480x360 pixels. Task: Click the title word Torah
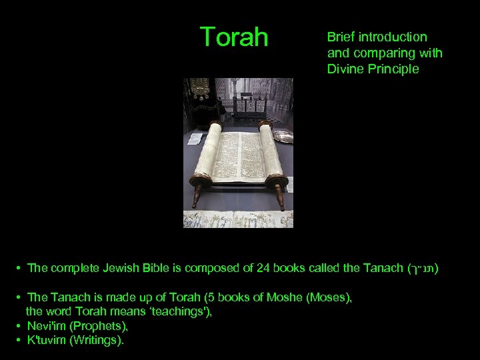(234, 37)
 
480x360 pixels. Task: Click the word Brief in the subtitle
(341, 37)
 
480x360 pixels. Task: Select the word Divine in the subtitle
(345, 69)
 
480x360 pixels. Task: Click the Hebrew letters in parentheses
(423, 269)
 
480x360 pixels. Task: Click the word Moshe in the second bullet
(285, 298)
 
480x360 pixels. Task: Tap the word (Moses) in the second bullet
(328, 298)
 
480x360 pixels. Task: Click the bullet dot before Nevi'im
(19, 326)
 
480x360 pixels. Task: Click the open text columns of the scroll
(240, 157)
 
